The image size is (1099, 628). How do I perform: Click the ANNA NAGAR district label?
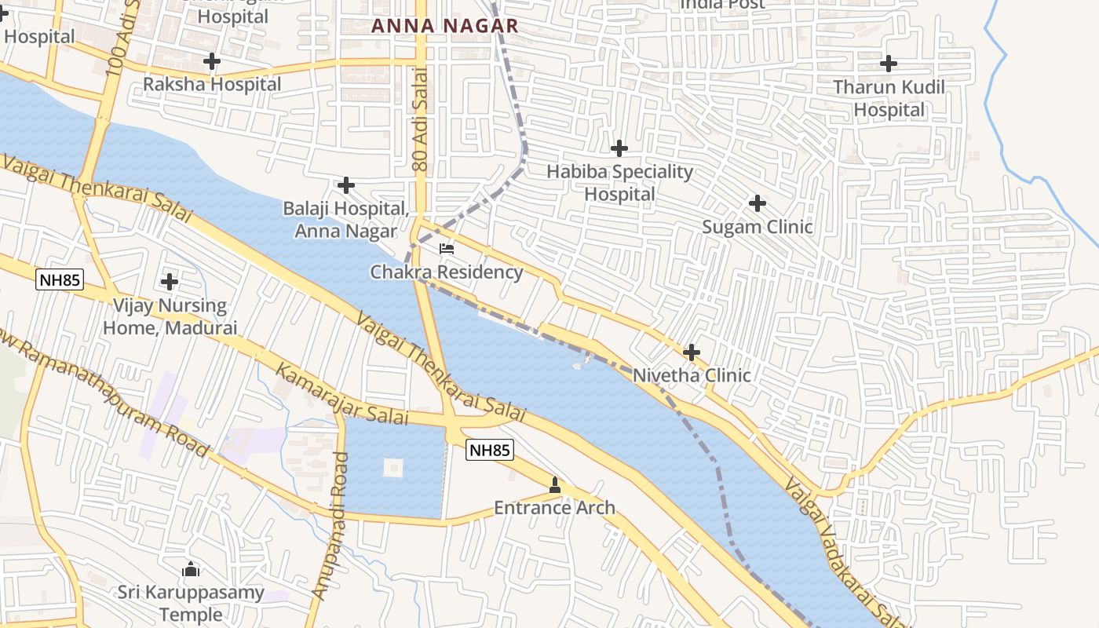pyautogui.click(x=445, y=26)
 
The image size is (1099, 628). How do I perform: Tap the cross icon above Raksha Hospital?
pyautogui.click(x=211, y=60)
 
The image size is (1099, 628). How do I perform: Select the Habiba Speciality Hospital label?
pyautogui.click(x=619, y=183)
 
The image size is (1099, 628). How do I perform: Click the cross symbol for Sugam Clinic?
pyautogui.click(x=757, y=203)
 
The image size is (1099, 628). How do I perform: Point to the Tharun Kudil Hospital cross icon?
pyautogui.click(x=889, y=63)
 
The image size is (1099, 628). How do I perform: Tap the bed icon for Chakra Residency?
pyautogui.click(x=447, y=249)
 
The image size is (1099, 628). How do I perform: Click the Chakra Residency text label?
pyautogui.click(x=446, y=272)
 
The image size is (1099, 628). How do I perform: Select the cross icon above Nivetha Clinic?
pyautogui.click(x=691, y=352)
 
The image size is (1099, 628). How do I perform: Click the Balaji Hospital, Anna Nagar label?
pyautogui.click(x=346, y=220)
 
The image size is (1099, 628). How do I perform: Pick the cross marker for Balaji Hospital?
pyautogui.click(x=345, y=185)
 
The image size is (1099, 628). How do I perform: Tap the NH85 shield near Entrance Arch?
pyautogui.click(x=490, y=450)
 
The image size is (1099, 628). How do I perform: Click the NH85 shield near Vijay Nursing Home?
pyautogui.click(x=59, y=279)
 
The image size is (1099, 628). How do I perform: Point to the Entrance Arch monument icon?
pyautogui.click(x=555, y=486)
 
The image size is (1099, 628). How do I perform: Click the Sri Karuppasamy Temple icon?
pyautogui.click(x=190, y=568)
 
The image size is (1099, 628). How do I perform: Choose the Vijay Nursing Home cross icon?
pyautogui.click(x=169, y=281)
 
